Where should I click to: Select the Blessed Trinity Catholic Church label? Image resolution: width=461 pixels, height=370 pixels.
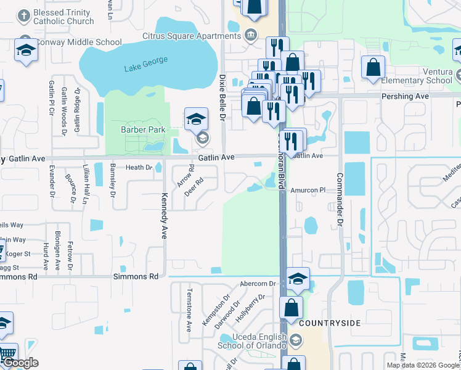coord(63,17)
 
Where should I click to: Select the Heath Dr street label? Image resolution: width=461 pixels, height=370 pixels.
coord(139,168)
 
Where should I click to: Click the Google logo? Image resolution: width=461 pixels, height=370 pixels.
coord(20,363)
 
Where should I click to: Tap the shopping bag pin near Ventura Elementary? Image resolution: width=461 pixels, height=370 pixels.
coord(373,68)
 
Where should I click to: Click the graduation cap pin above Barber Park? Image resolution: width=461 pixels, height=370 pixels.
coord(196,118)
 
